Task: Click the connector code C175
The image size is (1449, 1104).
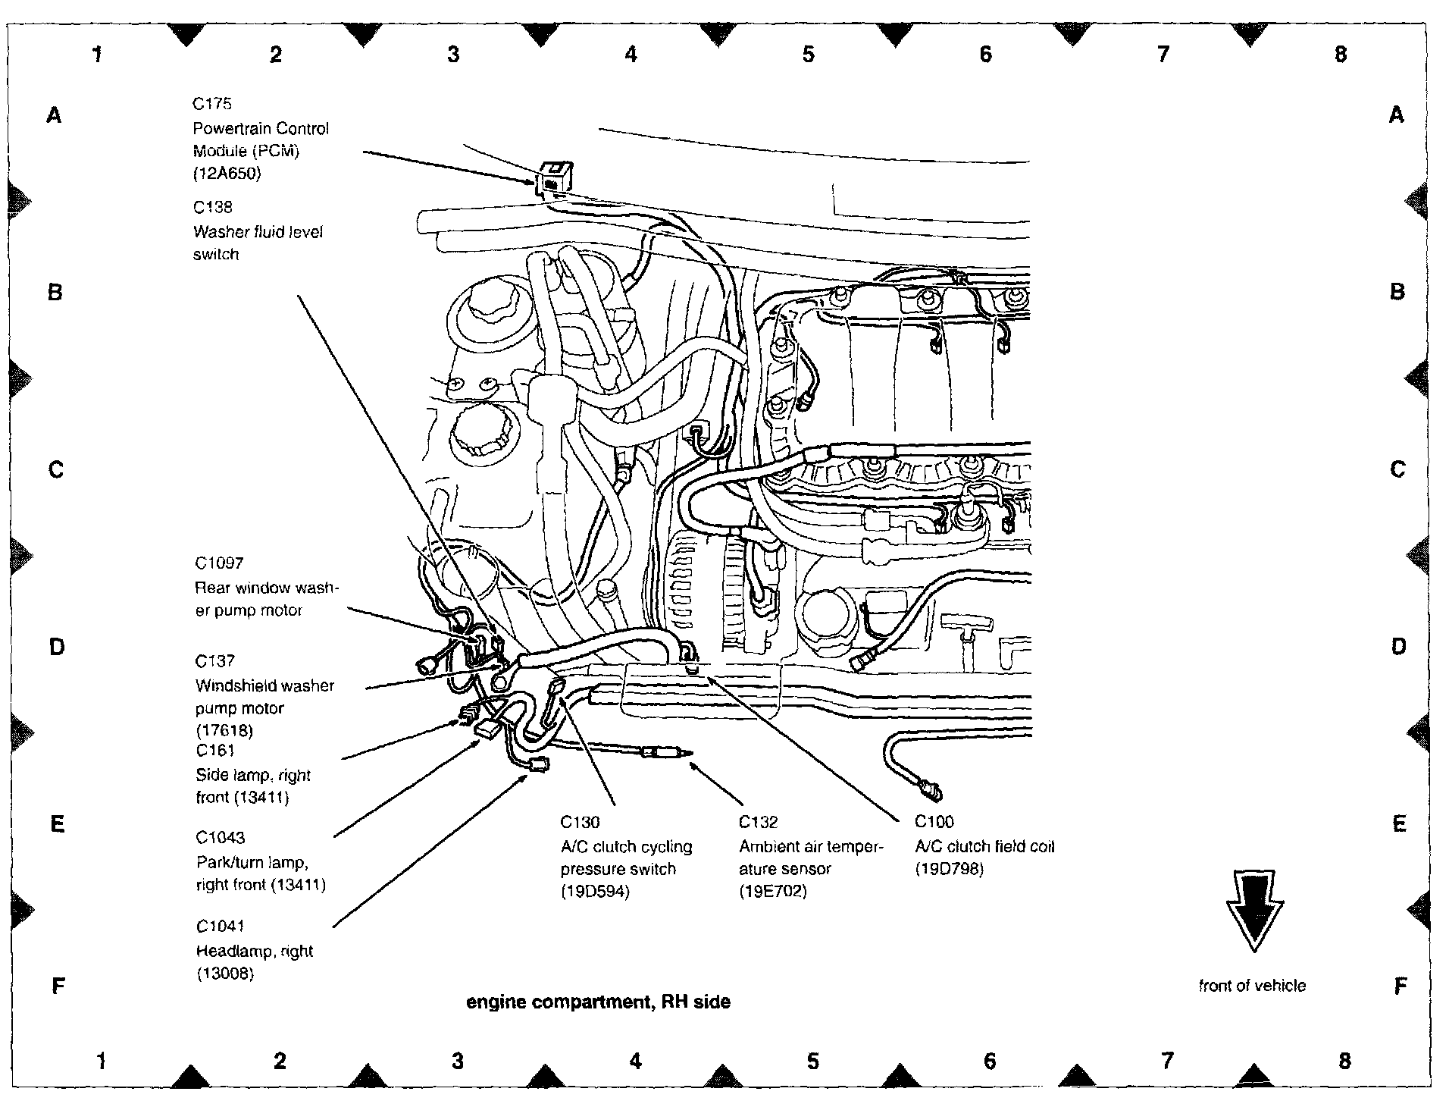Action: [212, 104]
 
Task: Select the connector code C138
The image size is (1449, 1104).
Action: [212, 207]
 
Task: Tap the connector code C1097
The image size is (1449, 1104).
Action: [219, 563]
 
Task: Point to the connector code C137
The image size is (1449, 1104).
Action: [215, 661]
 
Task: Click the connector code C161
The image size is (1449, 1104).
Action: [215, 751]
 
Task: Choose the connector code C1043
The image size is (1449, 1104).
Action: [220, 838]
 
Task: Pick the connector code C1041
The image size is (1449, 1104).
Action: [220, 927]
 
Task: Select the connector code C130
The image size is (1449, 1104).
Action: [580, 822]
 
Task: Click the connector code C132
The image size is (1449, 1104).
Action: [758, 822]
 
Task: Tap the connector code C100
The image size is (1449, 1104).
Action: [934, 822]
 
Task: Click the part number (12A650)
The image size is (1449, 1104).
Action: [227, 174]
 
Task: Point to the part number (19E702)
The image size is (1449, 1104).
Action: [773, 892]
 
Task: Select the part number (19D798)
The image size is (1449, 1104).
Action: [950, 869]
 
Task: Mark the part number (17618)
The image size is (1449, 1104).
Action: [224, 731]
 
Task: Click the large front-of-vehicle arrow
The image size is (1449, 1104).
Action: [1254, 910]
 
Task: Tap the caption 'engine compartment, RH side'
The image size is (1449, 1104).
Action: [598, 1002]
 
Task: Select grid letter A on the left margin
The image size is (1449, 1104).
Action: [54, 115]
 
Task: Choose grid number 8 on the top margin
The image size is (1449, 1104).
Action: [1340, 55]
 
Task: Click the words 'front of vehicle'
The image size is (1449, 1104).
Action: [1252, 986]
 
